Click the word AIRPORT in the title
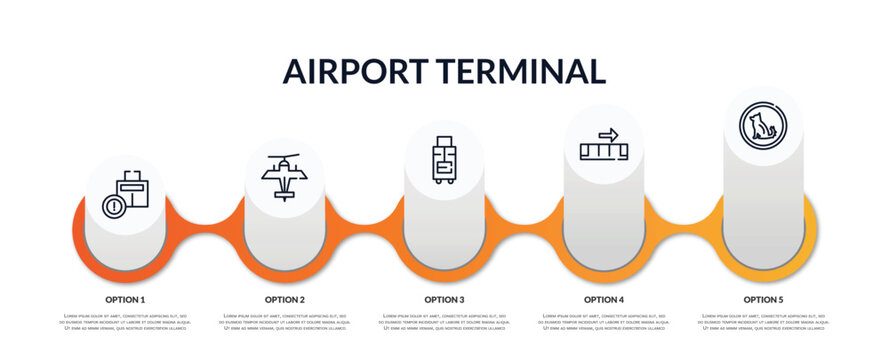point(353,71)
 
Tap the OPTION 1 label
point(125,299)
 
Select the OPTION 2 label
point(285,299)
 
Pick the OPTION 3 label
point(444,299)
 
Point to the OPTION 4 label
point(604,299)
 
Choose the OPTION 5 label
point(763,299)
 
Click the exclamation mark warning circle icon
point(114,207)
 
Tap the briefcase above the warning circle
point(132,188)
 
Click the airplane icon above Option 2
point(284,177)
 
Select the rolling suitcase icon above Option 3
point(444,160)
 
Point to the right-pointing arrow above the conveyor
point(608,134)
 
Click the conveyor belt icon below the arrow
point(604,151)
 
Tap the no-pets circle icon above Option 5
point(763,126)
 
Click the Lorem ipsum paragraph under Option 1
point(125,322)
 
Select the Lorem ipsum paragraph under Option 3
point(444,322)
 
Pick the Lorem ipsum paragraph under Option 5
point(763,322)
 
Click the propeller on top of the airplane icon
point(284,158)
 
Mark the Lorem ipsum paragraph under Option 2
point(285,322)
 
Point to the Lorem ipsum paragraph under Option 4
point(604,322)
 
